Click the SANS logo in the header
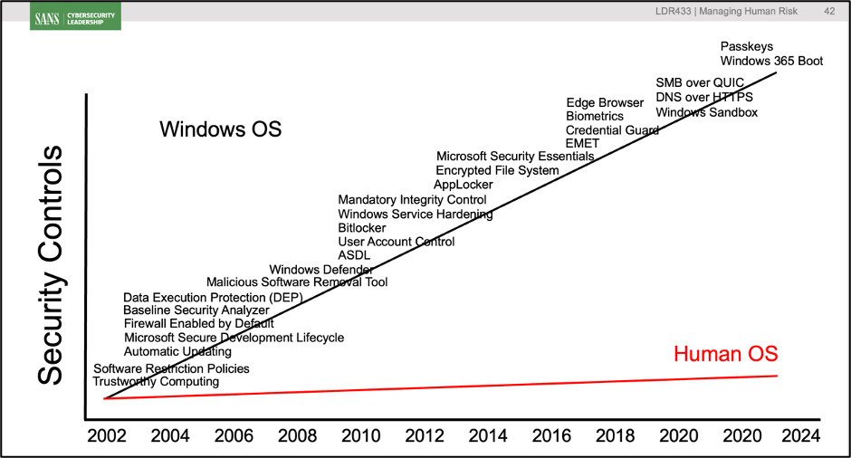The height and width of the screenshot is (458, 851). (77, 16)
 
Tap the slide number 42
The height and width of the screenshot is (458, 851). (829, 12)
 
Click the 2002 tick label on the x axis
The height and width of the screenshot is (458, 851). (107, 435)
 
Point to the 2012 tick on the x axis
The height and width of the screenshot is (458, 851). (424, 435)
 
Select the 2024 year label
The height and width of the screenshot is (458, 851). (799, 435)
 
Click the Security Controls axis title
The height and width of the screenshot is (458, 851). (53, 264)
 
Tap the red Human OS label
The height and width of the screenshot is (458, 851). (725, 353)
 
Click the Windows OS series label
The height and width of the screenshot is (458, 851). (221, 129)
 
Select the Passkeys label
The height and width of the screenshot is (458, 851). (746, 47)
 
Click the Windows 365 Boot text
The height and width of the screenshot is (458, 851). (771, 62)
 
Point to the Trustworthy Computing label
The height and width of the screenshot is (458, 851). (156, 382)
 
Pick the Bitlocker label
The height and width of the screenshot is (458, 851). (361, 228)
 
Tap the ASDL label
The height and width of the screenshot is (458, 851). (354, 255)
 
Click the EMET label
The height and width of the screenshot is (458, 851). (582, 143)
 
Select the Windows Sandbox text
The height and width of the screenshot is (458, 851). (706, 112)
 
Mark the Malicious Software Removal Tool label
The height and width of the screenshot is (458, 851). (297, 282)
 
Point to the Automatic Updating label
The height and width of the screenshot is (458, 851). (177, 351)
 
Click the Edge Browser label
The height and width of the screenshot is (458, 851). (604, 102)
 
